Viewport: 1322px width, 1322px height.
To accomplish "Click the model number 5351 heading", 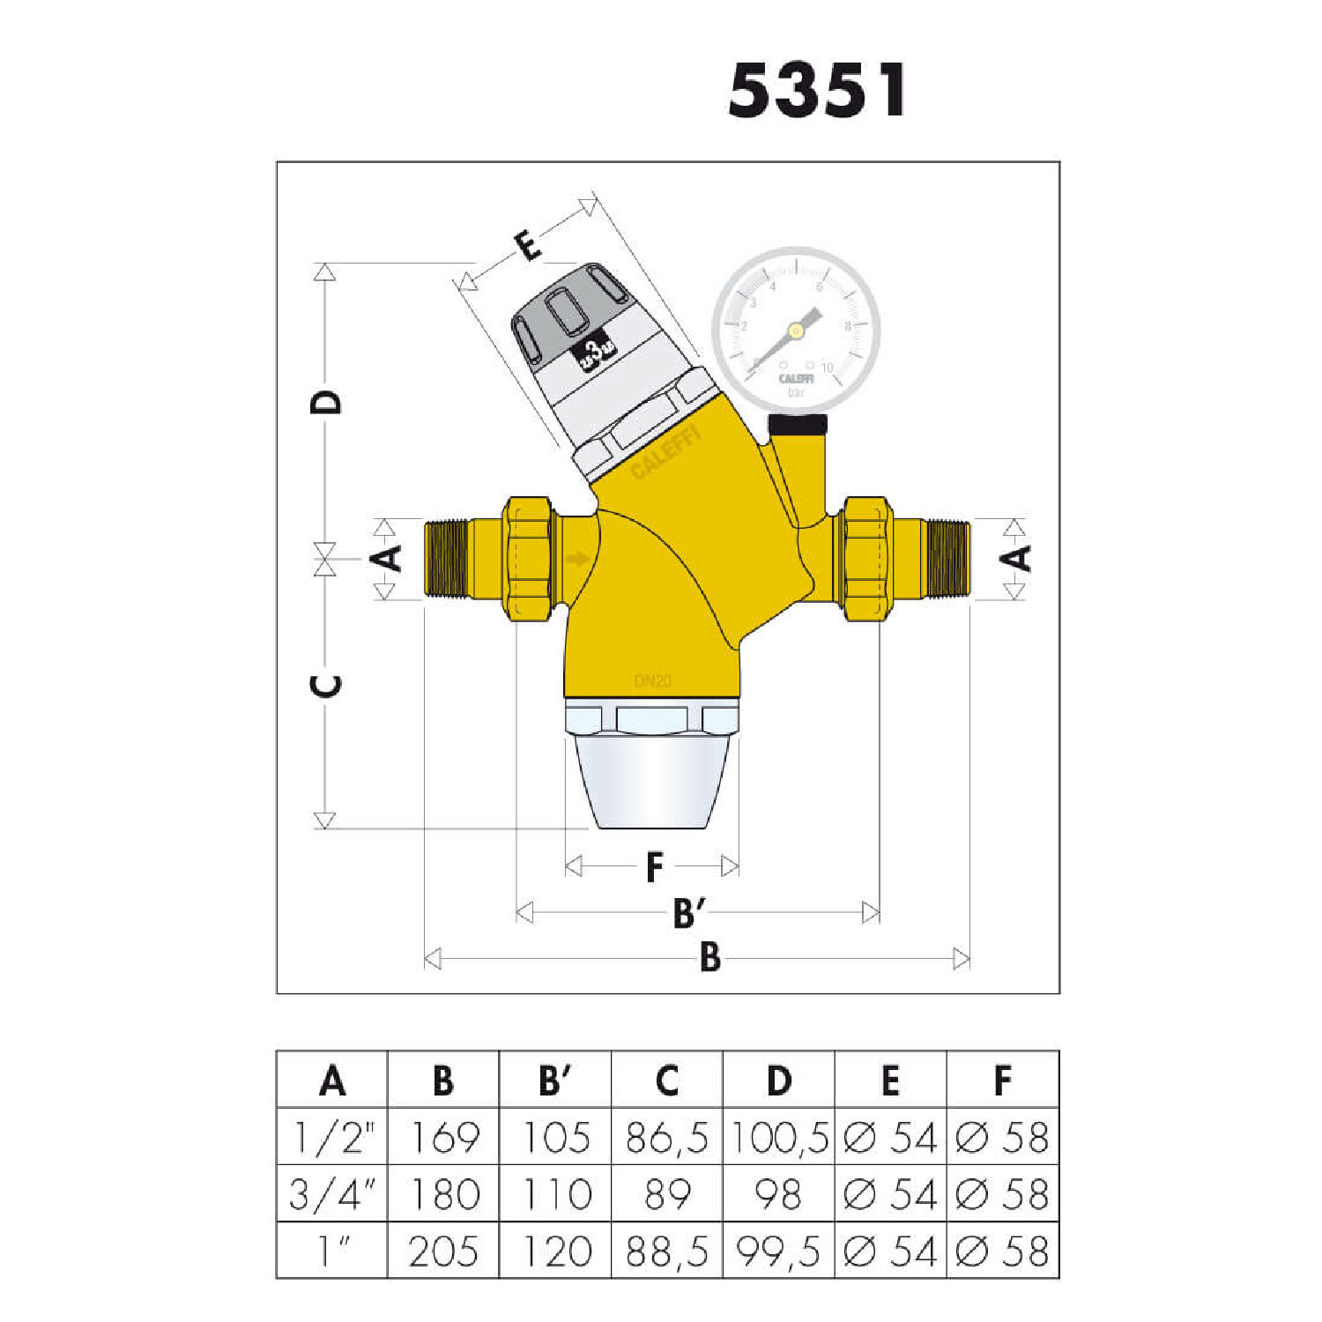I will pyautogui.click(x=817, y=90).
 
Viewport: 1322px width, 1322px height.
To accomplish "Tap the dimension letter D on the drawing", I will pyautogui.click(x=326, y=402).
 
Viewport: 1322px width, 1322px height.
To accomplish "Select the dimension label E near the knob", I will pyautogui.click(x=528, y=246).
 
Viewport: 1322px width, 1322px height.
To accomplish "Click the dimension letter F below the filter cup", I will pyautogui.click(x=653, y=867).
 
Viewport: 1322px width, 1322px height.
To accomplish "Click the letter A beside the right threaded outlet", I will pyautogui.click(x=1017, y=558).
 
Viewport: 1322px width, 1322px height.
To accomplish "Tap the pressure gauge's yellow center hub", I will pyautogui.click(x=796, y=331).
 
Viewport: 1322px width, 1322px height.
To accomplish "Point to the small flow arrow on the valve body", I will pyautogui.click(x=577, y=559).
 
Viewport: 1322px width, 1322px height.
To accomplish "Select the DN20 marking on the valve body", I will pyautogui.click(x=652, y=681).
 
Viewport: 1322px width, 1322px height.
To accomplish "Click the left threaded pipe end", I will pyautogui.click(x=445, y=559).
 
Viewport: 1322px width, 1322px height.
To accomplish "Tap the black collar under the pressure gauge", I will pyautogui.click(x=798, y=425).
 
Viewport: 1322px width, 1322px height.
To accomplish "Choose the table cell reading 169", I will pyautogui.click(x=444, y=1138).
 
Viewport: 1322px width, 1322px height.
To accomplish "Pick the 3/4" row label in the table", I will pyautogui.click(x=332, y=1194).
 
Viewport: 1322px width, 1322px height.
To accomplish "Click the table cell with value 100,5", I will pyautogui.click(x=778, y=1138).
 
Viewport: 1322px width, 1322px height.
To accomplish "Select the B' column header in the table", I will pyautogui.click(x=555, y=1081).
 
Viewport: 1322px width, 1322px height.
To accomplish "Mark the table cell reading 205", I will pyautogui.click(x=444, y=1251).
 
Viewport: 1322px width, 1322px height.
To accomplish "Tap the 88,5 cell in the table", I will pyautogui.click(x=667, y=1251).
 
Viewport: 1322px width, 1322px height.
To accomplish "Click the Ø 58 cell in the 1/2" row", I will pyautogui.click(x=1002, y=1138).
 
